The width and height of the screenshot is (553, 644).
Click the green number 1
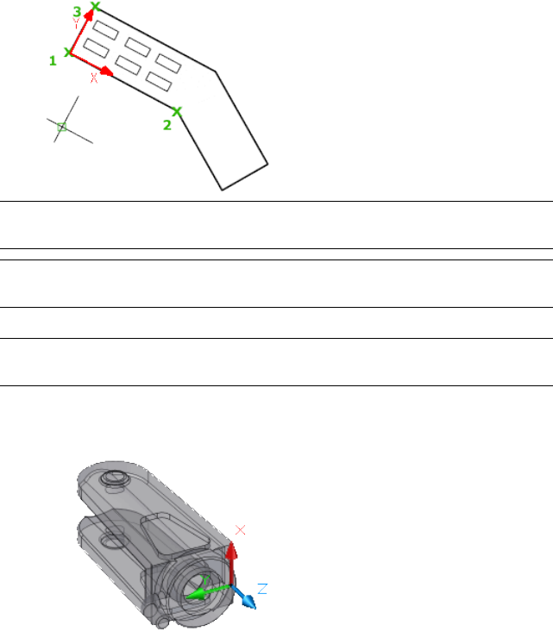(x=53, y=61)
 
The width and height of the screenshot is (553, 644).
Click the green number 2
(x=167, y=125)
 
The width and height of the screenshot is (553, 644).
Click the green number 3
(x=77, y=11)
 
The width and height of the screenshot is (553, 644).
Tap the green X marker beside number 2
(x=177, y=111)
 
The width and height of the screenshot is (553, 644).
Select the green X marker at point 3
(x=96, y=6)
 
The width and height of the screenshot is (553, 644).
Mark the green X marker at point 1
(x=69, y=53)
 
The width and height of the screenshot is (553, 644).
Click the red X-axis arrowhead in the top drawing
(x=106, y=72)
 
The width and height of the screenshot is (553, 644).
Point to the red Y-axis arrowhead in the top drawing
(x=89, y=16)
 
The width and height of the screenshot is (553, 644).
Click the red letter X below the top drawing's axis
(x=94, y=78)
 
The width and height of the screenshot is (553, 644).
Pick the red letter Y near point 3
(x=76, y=24)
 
